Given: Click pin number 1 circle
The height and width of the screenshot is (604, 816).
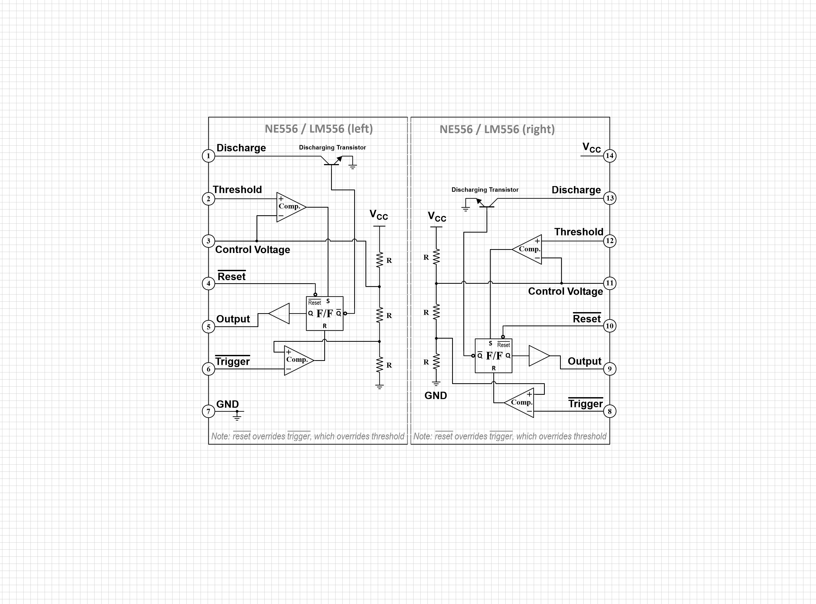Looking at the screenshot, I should (x=208, y=156).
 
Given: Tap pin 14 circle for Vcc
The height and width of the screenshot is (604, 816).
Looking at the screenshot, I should (x=609, y=156).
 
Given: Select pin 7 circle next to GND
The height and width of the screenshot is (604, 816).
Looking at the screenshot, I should (x=208, y=411).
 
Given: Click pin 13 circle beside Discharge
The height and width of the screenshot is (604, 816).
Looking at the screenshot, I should (x=609, y=198).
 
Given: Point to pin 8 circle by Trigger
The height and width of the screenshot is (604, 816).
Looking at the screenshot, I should (x=609, y=411).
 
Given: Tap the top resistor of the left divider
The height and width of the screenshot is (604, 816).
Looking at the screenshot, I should (x=379, y=260).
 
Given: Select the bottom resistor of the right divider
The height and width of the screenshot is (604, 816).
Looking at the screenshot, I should (x=436, y=362).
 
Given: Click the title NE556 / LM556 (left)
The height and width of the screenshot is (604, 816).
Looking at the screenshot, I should (x=318, y=129).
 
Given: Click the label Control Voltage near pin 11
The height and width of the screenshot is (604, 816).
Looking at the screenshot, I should (x=565, y=291).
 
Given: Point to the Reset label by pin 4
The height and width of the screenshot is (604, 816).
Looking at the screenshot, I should (x=231, y=276).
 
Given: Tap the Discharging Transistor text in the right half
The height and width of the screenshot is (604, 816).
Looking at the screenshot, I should (x=485, y=190).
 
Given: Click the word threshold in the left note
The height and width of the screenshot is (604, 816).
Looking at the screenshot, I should (x=388, y=436).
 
